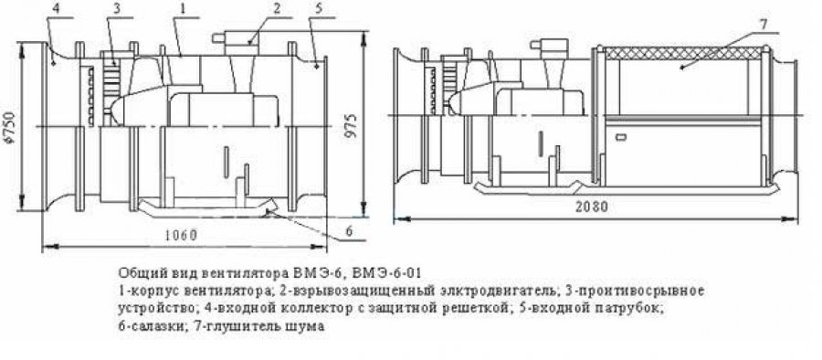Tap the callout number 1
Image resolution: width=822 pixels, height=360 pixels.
pos(182,9)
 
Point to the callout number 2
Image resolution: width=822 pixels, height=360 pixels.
pos(277,9)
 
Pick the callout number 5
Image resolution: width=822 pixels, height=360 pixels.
pos(321,9)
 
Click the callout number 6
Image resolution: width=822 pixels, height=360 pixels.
pos(350,231)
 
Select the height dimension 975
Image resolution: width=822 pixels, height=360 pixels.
pos(353,126)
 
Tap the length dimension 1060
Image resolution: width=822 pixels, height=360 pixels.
pos(179,235)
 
